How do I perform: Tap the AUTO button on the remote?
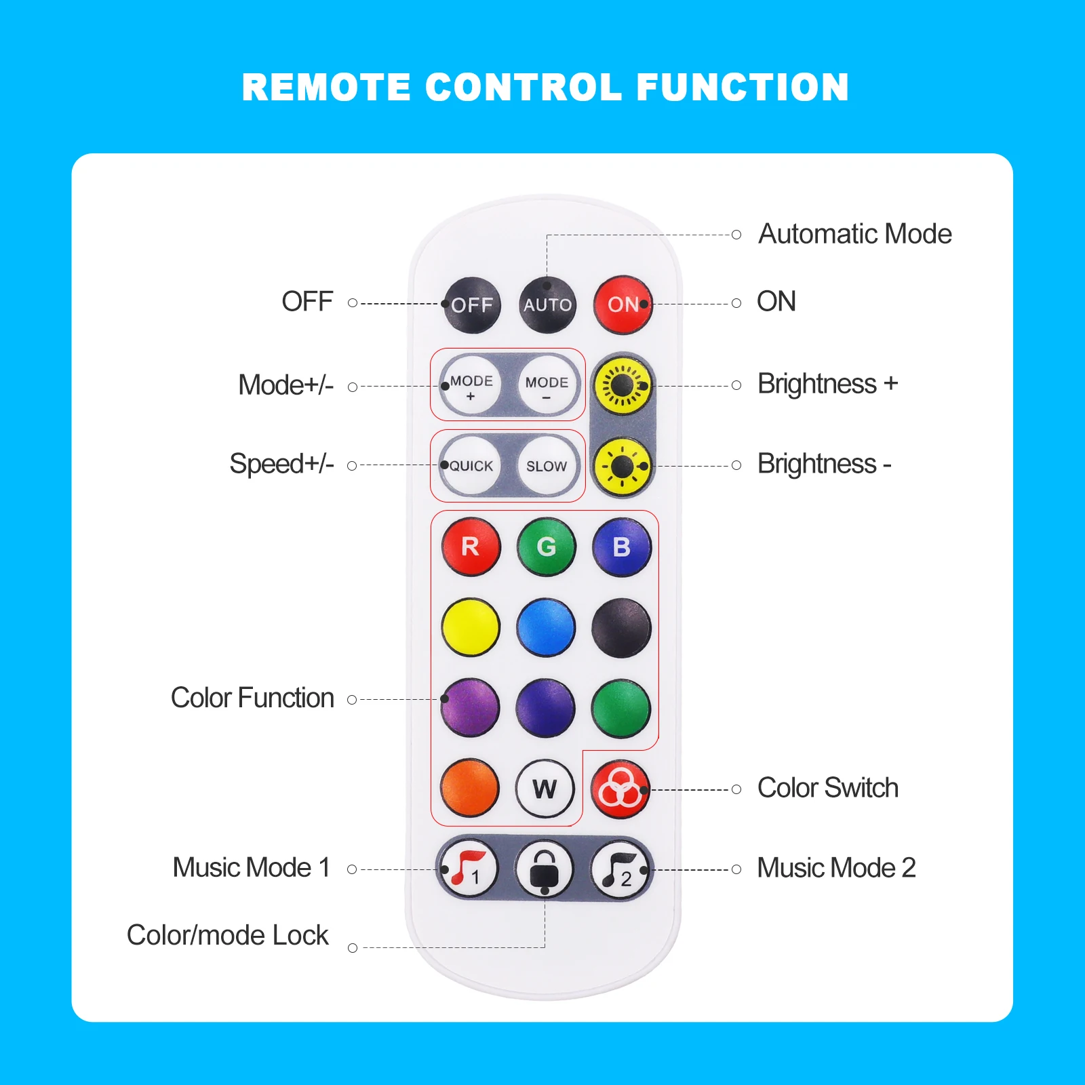(547, 305)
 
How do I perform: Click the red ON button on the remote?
(623, 305)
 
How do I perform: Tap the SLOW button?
(547, 466)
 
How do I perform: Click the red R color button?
(471, 547)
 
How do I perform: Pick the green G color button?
(547, 547)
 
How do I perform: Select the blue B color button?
(622, 547)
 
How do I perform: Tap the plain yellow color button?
(471, 627)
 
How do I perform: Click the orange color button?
(470, 788)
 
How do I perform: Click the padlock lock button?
(545, 869)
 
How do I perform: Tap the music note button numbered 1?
(469, 869)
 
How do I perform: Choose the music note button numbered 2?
(620, 869)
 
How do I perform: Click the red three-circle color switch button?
(620, 789)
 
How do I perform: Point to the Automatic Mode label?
(854, 234)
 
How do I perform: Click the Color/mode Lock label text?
(227, 935)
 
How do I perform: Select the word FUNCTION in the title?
(743, 87)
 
